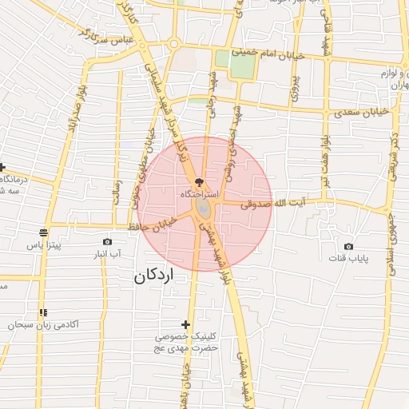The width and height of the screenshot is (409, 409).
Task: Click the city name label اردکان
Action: click(x=155, y=276)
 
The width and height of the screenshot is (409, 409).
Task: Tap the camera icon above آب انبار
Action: click(x=108, y=240)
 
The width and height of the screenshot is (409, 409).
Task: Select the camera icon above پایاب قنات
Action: click(x=348, y=246)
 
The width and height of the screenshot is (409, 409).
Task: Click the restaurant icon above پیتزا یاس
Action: click(x=42, y=234)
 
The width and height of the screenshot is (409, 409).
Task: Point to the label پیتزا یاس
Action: click(x=45, y=246)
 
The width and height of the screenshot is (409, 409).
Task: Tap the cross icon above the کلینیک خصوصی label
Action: click(x=186, y=324)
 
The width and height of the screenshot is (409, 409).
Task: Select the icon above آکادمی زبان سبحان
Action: click(x=42, y=312)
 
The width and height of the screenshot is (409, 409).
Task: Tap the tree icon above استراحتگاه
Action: click(x=198, y=183)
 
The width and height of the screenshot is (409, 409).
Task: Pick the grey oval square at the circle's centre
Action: click(x=204, y=209)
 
